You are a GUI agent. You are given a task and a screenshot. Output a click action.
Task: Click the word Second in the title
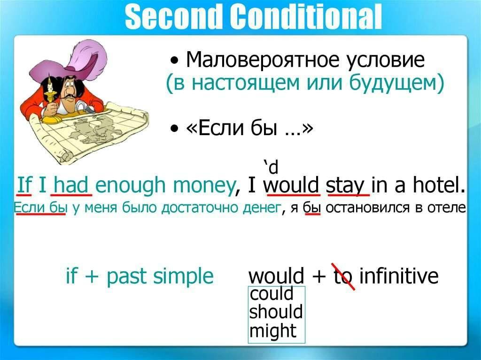pyautogui.click(x=174, y=17)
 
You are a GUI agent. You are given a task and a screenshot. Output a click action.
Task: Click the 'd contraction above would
pyautogui.click(x=271, y=167)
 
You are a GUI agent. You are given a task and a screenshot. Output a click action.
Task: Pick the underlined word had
pyautogui.click(x=71, y=185)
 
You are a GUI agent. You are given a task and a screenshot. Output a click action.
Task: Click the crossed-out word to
pyautogui.click(x=343, y=276)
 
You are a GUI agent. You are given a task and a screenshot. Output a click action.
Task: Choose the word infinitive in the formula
pyautogui.click(x=399, y=275)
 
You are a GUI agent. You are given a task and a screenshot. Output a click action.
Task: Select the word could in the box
pyautogui.click(x=272, y=293)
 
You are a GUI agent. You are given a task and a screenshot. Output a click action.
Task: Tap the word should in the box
pyautogui.click(x=276, y=312)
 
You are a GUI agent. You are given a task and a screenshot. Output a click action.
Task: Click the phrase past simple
pyautogui.click(x=160, y=276)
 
